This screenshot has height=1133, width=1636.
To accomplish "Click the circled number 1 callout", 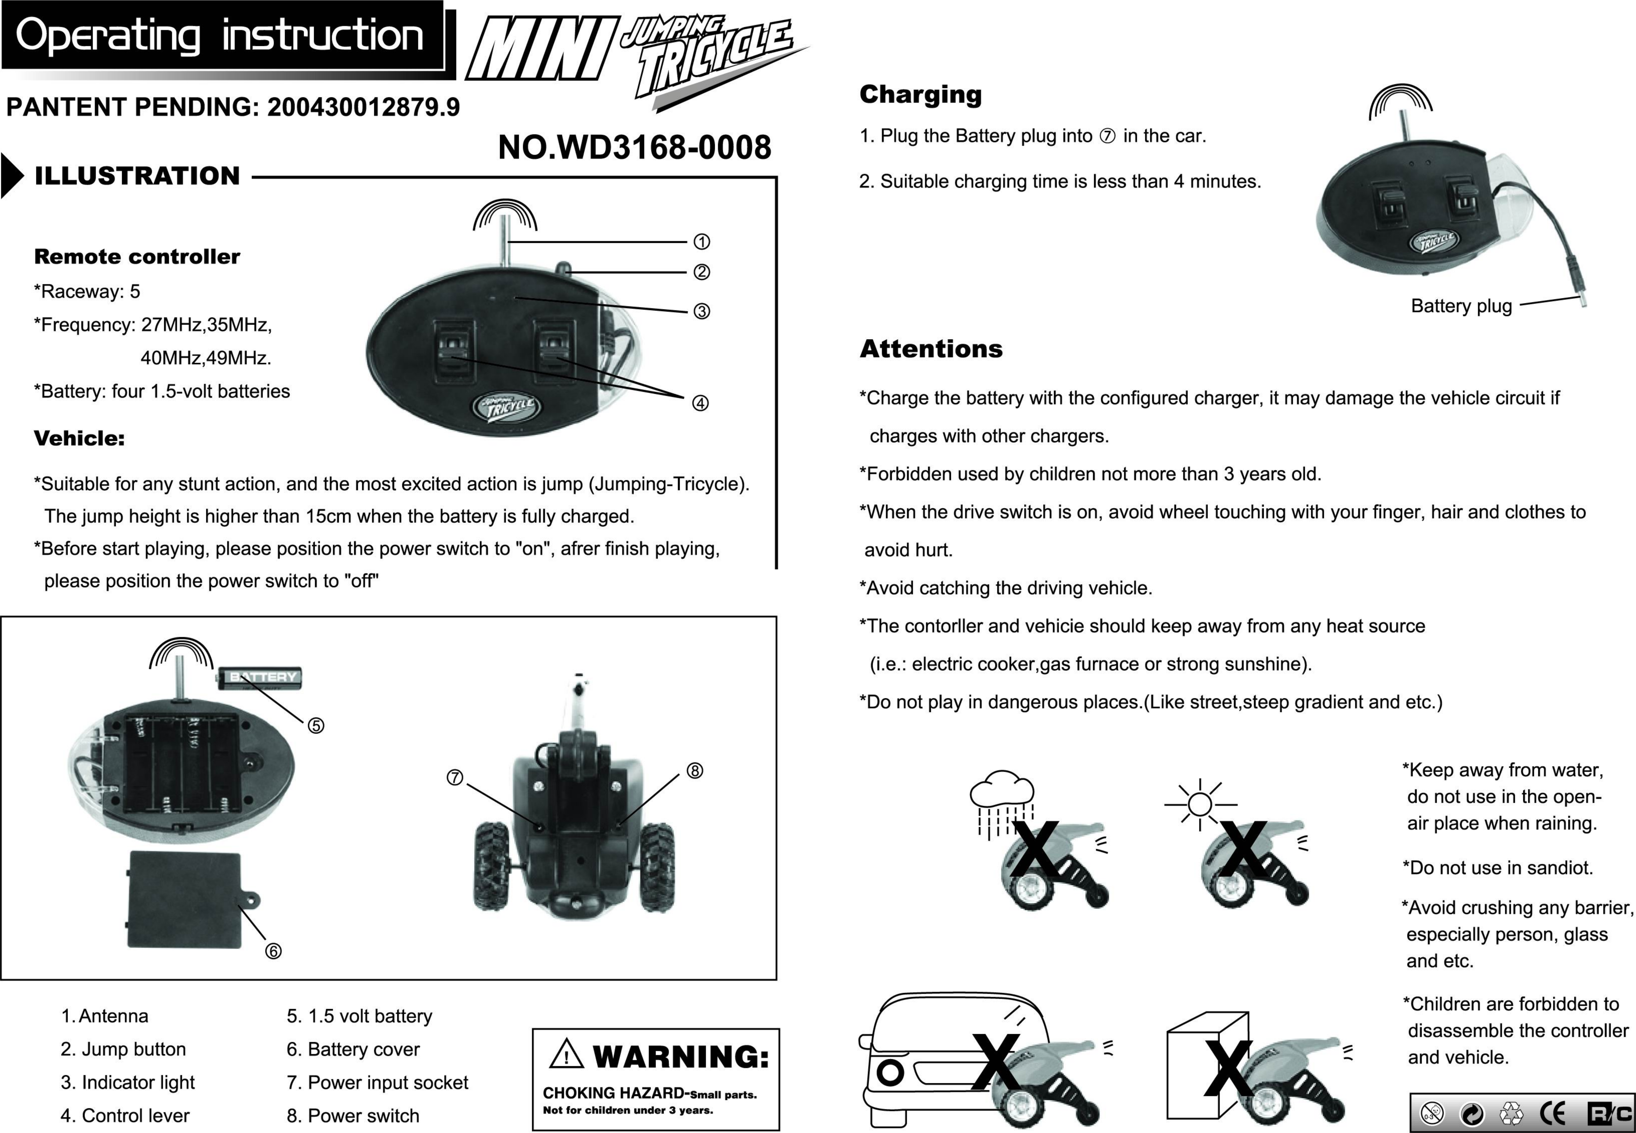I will click(x=701, y=242).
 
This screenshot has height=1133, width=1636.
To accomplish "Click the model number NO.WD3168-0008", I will click(x=634, y=147).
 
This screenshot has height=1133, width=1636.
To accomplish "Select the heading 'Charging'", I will click(x=920, y=94).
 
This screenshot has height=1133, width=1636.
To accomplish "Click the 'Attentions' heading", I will click(x=931, y=349).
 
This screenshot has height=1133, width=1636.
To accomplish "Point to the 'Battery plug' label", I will click(x=1461, y=306).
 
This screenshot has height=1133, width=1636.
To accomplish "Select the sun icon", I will click(x=1200, y=804).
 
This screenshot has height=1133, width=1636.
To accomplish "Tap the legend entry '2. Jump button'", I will click(x=123, y=1049).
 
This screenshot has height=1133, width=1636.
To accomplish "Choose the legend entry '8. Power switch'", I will click(x=353, y=1115).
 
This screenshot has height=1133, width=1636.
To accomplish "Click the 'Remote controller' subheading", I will click(x=137, y=257).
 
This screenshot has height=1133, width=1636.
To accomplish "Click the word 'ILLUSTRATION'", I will click(x=137, y=176).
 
